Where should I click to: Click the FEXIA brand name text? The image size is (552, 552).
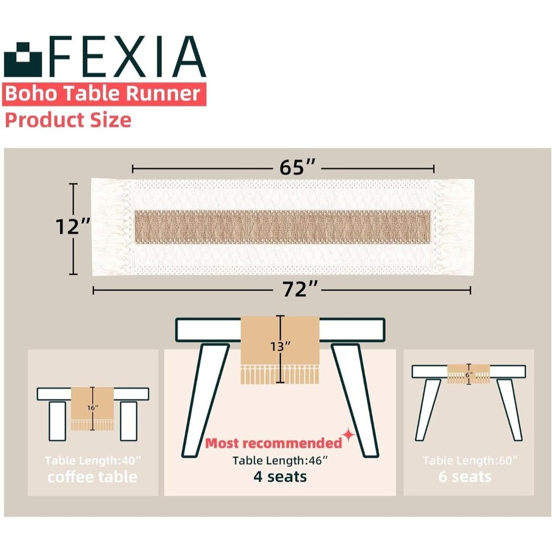click(x=127, y=57)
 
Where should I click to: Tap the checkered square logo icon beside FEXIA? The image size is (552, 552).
click(x=23, y=60)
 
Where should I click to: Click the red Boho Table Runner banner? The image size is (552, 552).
click(x=104, y=94)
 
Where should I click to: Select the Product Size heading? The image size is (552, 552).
click(x=68, y=120)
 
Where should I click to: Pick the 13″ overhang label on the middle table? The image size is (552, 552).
click(x=280, y=347)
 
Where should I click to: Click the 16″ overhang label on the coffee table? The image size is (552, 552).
click(x=93, y=408)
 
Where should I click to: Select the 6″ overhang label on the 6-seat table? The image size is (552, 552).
click(x=469, y=375)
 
